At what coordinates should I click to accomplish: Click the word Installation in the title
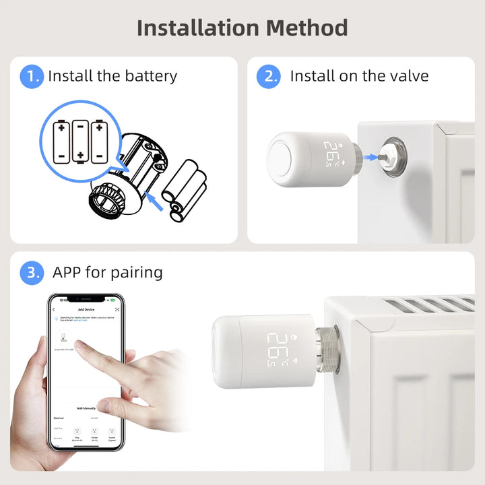coord(197,28)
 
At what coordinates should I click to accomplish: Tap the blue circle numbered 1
coord(31,76)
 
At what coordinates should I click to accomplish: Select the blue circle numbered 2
coord(268,76)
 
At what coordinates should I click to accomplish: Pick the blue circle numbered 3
coord(31,273)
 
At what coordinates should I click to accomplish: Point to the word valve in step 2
coord(408,76)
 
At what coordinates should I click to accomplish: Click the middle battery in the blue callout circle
coord(80,141)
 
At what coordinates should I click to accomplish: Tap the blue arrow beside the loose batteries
coord(156,201)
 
